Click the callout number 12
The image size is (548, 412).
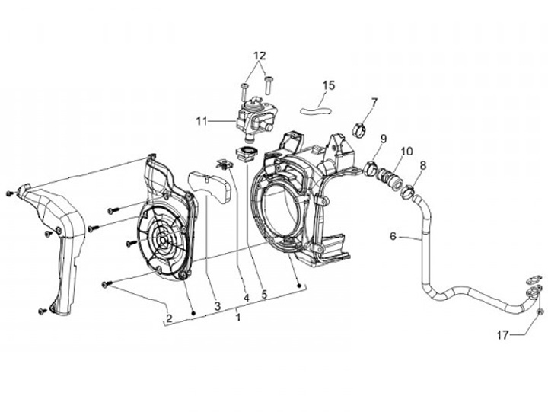point(260,56)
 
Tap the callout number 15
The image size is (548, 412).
point(328,85)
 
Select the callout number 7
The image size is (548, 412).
point(374,103)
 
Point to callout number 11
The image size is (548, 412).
point(202,120)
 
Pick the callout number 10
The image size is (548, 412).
point(407,151)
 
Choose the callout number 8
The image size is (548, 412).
point(422,164)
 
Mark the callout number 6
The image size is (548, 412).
point(393,237)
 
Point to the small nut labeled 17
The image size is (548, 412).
point(540,311)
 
